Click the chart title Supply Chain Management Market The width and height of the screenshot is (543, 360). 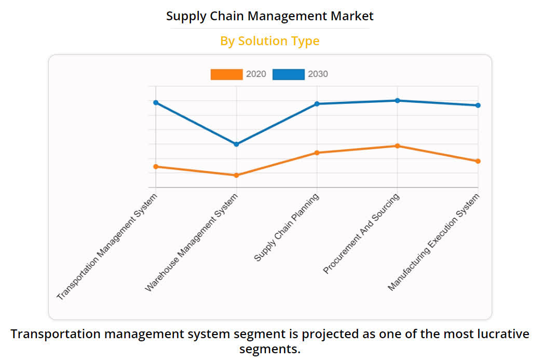coord(269,16)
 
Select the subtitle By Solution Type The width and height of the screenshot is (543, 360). coord(269,41)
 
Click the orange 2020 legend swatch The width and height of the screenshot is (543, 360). coord(226,74)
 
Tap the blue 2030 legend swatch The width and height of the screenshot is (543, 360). coord(288,74)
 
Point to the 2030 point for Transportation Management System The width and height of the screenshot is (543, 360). coord(156,102)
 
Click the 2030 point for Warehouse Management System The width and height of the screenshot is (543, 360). coord(236,144)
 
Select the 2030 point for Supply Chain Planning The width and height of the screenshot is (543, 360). coord(317,104)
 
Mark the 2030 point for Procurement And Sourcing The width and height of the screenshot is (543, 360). coord(397,100)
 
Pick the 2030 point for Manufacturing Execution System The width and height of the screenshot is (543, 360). coord(478,105)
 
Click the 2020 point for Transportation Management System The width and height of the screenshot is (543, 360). coord(156,166)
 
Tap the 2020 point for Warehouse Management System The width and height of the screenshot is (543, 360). coord(236,175)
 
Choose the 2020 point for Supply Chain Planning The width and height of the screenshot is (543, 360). coord(317,153)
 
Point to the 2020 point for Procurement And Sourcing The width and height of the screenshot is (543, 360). coord(397,146)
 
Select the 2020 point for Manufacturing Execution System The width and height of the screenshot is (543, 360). coord(478,161)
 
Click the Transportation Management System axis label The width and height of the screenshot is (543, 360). coord(107,247)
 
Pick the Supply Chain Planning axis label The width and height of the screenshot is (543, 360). coord(286,228)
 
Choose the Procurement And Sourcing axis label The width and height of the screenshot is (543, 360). coord(361,234)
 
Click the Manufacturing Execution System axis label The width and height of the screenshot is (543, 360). coord(433,242)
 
